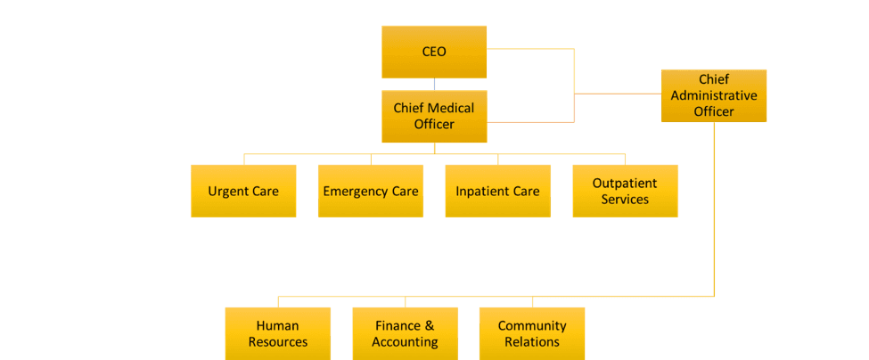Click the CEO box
[x=434, y=52]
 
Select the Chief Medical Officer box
[x=434, y=116]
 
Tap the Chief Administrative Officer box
[x=714, y=95]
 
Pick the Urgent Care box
[x=243, y=191]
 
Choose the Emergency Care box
[x=371, y=191]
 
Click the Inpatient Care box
[x=497, y=191]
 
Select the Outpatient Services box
[x=625, y=191]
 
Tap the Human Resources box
[x=277, y=333]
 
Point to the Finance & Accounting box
[x=405, y=333]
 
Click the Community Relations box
[x=532, y=333]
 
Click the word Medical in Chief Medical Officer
[x=450, y=108]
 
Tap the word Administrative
[x=714, y=95]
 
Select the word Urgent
[x=229, y=191]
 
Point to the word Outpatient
[x=625, y=183]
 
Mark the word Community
[x=532, y=326]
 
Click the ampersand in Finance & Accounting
[x=429, y=326]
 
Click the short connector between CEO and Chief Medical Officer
[x=434, y=85]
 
